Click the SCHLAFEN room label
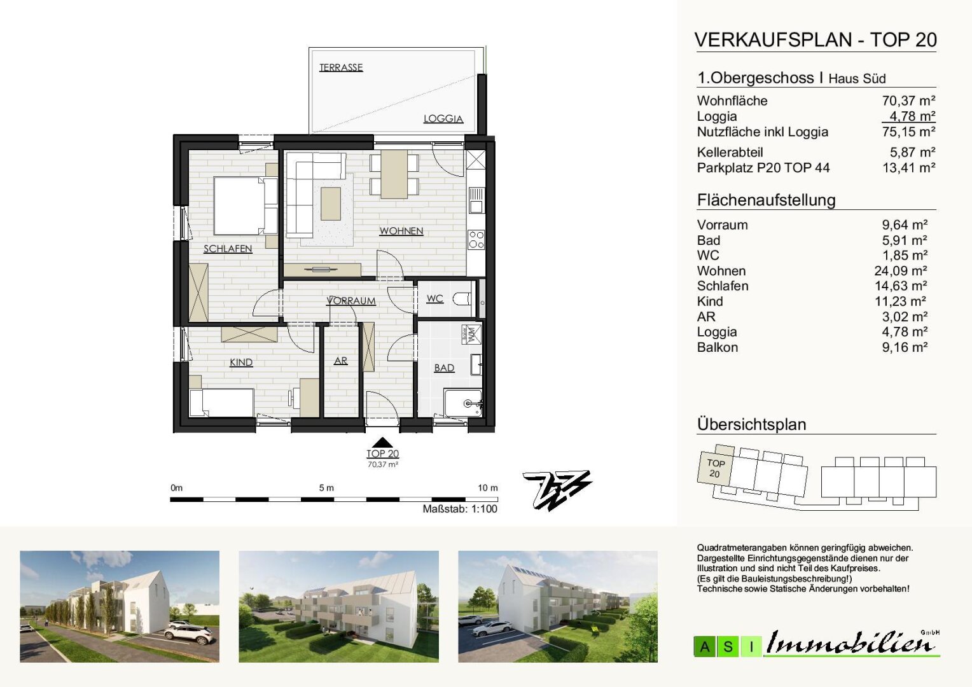[x=228, y=249]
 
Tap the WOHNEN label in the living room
[x=401, y=231]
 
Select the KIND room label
[x=241, y=363]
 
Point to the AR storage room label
[x=340, y=361]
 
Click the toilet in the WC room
[x=462, y=298]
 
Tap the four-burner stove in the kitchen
[x=476, y=240]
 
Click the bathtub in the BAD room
[x=463, y=403]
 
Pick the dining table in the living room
[x=394, y=174]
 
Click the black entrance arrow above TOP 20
[x=382, y=442]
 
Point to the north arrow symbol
[x=558, y=490]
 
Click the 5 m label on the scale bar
[x=326, y=488]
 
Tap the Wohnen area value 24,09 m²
[x=901, y=271]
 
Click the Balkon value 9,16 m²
[x=905, y=347]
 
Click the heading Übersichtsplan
[x=751, y=424]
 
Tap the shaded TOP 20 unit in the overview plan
[x=715, y=467]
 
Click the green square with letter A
[x=705, y=647]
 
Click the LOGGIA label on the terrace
[x=443, y=119]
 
